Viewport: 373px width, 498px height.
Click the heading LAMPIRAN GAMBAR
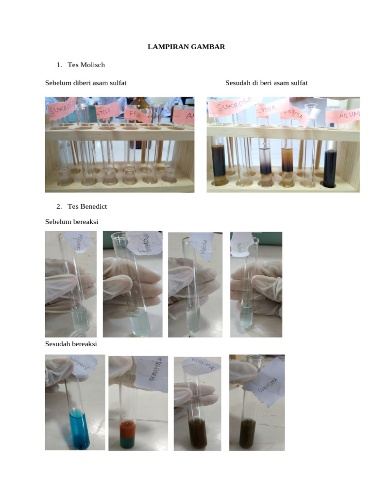[186, 47]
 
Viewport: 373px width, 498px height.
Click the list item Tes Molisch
[86, 65]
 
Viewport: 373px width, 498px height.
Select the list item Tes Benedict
[87, 206]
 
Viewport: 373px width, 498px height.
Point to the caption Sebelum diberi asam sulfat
[86, 83]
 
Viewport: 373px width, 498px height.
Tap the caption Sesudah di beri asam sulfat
[266, 83]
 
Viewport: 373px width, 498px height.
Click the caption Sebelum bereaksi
[72, 222]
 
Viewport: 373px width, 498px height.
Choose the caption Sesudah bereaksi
[71, 344]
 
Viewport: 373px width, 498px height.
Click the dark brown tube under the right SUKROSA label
[218, 160]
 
